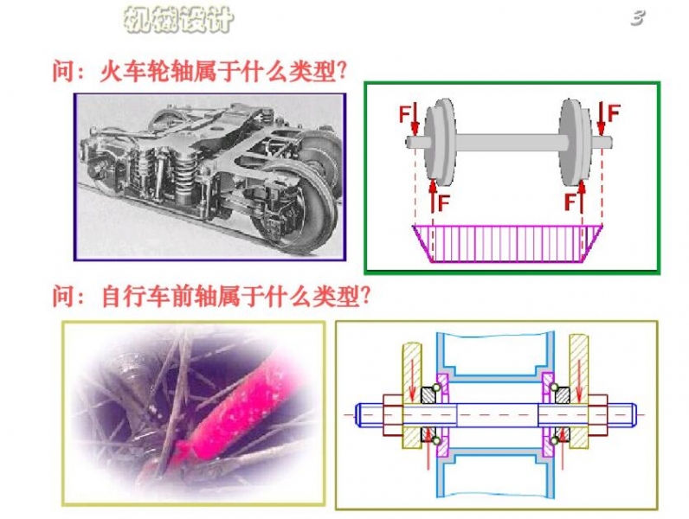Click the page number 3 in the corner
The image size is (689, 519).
[x=638, y=17]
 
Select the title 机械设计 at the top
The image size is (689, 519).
[x=178, y=19]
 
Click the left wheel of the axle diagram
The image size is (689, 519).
[x=441, y=143]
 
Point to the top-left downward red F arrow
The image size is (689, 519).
[x=415, y=119]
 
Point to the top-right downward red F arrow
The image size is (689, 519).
[x=601, y=119]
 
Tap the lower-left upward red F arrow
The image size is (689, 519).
[x=434, y=195]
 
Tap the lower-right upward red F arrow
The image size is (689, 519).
[x=582, y=196]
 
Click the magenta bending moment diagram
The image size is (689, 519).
[x=507, y=244]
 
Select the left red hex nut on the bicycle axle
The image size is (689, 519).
[x=393, y=415]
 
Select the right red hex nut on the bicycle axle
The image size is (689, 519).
[x=597, y=415]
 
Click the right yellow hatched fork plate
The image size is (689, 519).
[x=579, y=391]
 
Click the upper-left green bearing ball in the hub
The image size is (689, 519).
[x=436, y=388]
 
